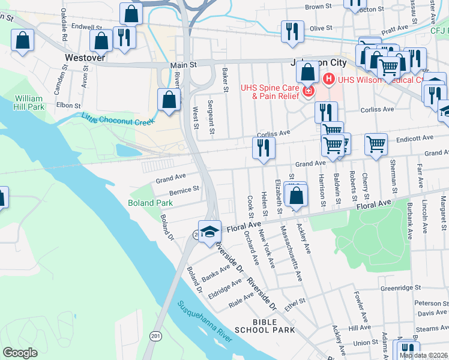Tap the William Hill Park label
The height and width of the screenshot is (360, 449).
tap(29, 102)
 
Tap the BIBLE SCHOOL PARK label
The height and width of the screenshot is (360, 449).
tap(265, 326)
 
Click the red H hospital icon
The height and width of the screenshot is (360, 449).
tap(329, 79)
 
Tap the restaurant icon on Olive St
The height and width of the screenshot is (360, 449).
tap(292, 31)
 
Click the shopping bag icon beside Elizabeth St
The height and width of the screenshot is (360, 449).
tap(296, 195)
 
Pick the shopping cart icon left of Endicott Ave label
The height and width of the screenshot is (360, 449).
tap(376, 143)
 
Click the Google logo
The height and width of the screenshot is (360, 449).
tap(20, 352)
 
